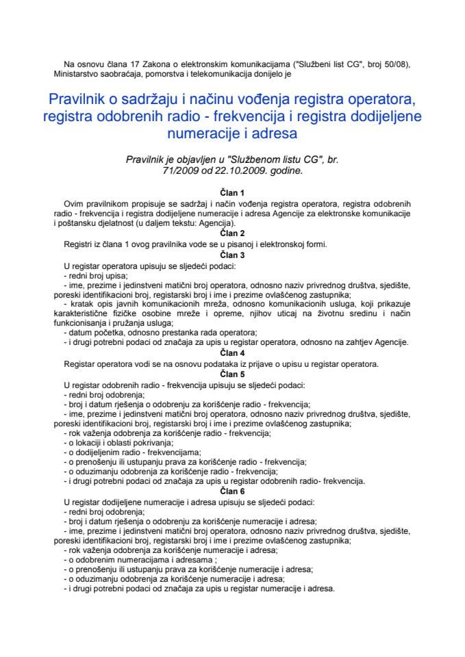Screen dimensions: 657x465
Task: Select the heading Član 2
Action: pos(232,233)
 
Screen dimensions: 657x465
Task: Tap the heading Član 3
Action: pos(232,253)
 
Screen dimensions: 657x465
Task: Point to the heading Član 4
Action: pos(232,353)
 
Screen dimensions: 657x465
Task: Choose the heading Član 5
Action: pos(232,374)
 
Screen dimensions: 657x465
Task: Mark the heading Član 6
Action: pos(232,491)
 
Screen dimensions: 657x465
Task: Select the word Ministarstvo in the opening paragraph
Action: pos(78,74)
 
